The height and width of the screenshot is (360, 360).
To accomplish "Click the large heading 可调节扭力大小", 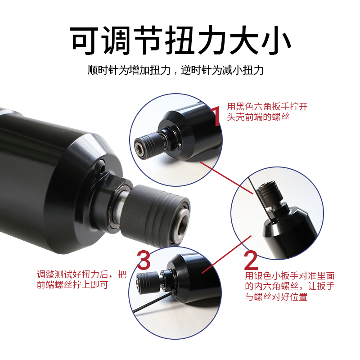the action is pyautogui.click(x=180, y=40).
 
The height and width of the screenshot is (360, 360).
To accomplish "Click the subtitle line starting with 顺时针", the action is pyautogui.click(x=175, y=70).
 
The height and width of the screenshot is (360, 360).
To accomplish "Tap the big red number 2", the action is pyautogui.click(x=251, y=260).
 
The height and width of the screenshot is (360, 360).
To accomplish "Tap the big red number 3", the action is pyautogui.click(x=144, y=260).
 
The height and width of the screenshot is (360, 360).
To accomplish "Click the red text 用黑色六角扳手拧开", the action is pyautogui.click(x=267, y=107).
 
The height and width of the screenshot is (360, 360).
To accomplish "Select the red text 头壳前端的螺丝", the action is pyautogui.click(x=258, y=117).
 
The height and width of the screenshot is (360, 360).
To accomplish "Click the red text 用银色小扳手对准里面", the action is pyautogui.click(x=290, y=275).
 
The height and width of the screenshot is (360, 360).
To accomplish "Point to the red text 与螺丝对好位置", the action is pyautogui.click(x=276, y=297).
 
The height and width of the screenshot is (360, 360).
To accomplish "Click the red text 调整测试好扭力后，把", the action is pyautogui.click(x=81, y=274).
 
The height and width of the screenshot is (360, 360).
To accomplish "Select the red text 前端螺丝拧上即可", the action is pyautogui.click(x=72, y=285).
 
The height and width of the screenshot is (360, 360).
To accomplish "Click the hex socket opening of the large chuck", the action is pyautogui.click(x=181, y=222).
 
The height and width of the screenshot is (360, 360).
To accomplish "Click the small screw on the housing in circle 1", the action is pyautogui.click(x=179, y=145).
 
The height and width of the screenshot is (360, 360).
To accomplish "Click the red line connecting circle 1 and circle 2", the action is pyautogui.click(x=227, y=178).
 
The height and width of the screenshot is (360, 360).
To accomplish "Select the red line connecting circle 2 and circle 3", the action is pyautogui.click(x=227, y=254).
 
